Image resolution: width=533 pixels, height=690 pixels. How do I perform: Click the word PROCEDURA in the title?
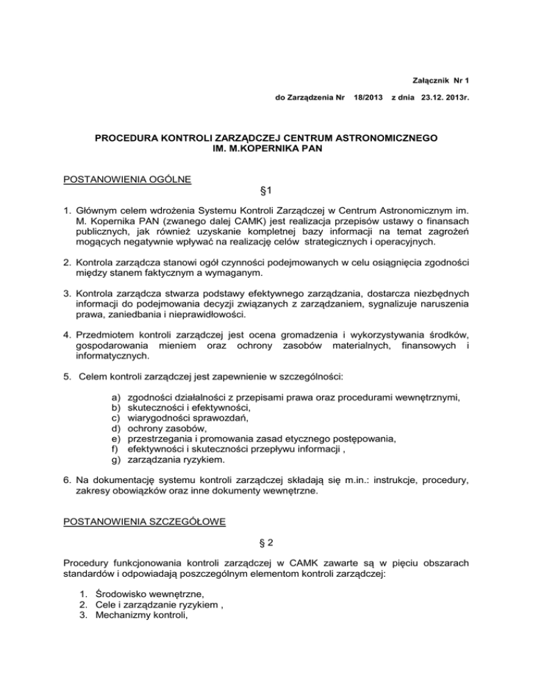pos(128,139)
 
